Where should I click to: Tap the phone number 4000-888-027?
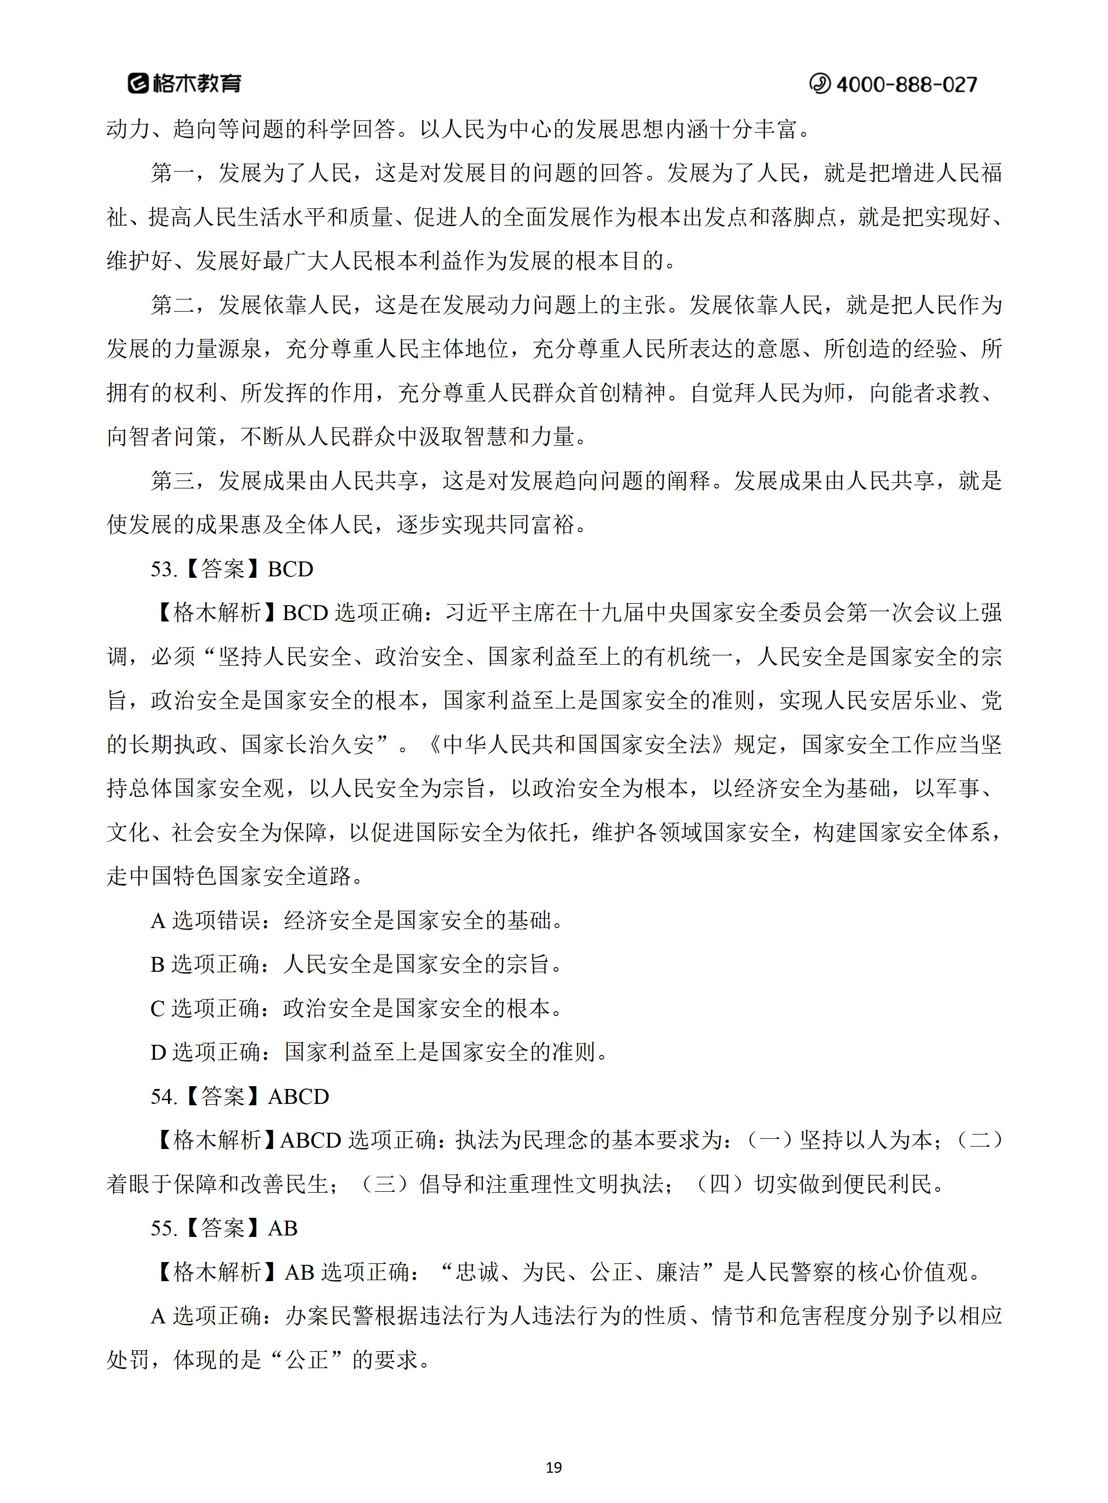(906, 84)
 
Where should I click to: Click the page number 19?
(553, 1468)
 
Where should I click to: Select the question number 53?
(163, 569)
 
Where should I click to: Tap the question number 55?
(163, 1228)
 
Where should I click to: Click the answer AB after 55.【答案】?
(282, 1228)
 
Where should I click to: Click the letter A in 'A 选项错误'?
(158, 921)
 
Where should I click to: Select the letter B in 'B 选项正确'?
(158, 965)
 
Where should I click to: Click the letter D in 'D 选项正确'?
(158, 1053)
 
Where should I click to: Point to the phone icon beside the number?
(819, 84)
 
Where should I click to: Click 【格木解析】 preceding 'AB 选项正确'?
(216, 1272)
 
